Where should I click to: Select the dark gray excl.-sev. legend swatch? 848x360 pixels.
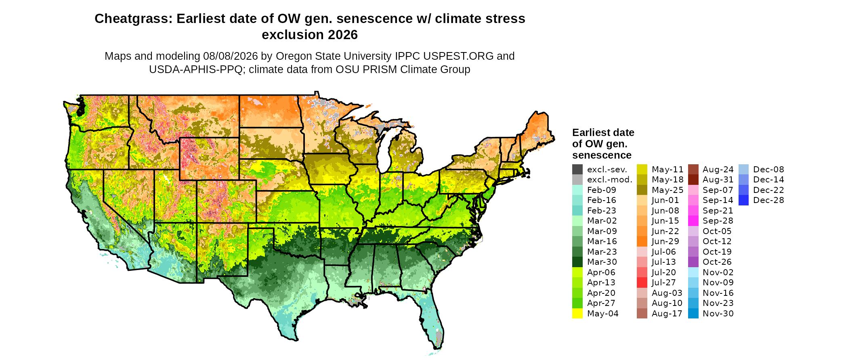577,170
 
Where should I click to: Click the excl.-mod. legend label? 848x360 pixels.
610,180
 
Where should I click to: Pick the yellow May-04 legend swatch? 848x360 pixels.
577,314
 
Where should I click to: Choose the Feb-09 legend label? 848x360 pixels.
602,190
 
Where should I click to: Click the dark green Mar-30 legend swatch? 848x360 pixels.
577,262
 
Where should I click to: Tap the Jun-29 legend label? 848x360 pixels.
665,241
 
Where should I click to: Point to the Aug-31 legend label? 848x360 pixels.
718,180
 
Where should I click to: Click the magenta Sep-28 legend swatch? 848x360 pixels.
693,221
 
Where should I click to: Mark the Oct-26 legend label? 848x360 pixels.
717,262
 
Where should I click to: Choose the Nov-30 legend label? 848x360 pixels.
718,314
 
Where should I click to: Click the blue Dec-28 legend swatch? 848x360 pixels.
744,200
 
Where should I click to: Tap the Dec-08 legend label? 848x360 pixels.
769,170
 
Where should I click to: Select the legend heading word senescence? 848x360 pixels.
602,155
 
